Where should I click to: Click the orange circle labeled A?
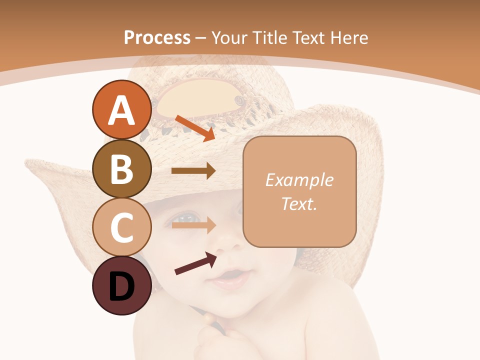pos(121,110)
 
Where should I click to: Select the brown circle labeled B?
pos(121,169)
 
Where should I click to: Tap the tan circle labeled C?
pos(121,227)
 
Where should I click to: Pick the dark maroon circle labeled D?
pos(121,286)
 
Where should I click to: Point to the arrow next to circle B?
pos(193,171)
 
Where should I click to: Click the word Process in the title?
pos(157,37)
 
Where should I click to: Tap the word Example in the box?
pos(299,180)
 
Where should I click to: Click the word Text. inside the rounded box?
pos(299,203)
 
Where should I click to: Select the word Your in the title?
pos(230,37)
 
